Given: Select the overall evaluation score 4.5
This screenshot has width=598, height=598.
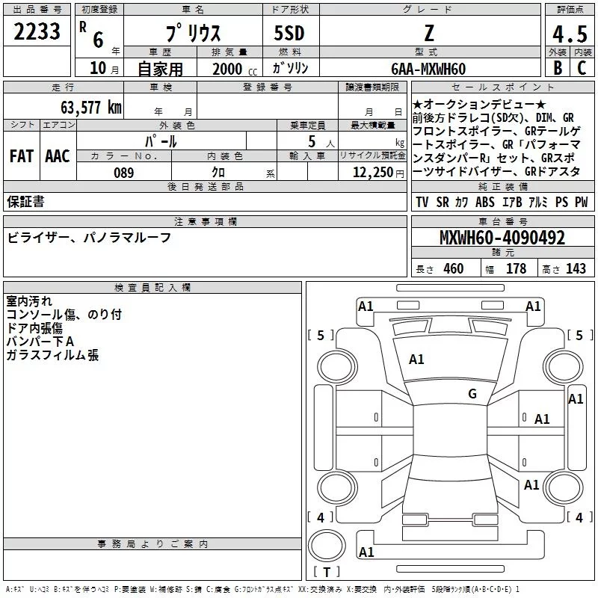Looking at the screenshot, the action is coord(569,34).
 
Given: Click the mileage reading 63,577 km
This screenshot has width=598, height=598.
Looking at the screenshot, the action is coord(90,107).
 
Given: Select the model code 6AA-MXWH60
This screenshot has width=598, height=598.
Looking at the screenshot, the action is coord(428,69).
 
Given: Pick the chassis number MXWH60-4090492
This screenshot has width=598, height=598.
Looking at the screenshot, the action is coord(502,238).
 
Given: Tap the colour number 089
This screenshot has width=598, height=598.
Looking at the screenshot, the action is coord(123,173).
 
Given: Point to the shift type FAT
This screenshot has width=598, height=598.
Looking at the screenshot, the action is coord(21,156).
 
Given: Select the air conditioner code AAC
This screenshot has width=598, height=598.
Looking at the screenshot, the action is coord(58,156).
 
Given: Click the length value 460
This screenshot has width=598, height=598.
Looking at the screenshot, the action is coord(453,269).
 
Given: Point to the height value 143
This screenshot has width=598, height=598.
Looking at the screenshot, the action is coord(576,269).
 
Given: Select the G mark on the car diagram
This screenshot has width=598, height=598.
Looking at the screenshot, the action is coord(472,394).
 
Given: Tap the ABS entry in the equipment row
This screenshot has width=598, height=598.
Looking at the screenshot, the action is coord(485,203).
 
